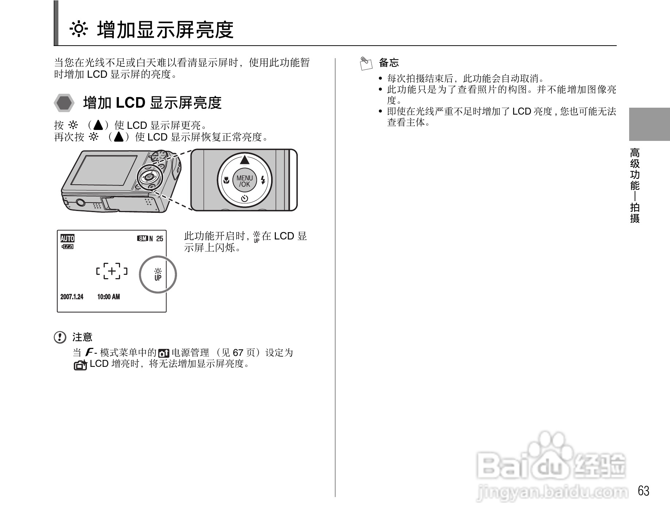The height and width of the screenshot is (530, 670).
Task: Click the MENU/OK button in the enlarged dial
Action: click(x=244, y=181)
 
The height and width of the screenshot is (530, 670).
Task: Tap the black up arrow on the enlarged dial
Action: click(x=244, y=160)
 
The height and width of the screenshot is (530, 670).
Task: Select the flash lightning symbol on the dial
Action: click(x=263, y=180)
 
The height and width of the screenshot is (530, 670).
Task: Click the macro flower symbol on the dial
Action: click(x=226, y=180)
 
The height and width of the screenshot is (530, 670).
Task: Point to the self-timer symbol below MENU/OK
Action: click(x=244, y=199)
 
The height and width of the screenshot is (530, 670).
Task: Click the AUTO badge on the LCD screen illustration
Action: click(x=67, y=238)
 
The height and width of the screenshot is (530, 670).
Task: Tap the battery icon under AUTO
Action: click(x=68, y=247)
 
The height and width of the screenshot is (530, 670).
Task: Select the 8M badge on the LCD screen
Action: click(x=142, y=239)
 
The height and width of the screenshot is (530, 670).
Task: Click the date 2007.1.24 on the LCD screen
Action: click(x=72, y=297)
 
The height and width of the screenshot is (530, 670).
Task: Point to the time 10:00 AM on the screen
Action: click(x=108, y=297)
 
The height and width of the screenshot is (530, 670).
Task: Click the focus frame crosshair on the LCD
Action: click(x=112, y=271)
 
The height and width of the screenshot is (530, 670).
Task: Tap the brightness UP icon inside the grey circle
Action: click(x=158, y=274)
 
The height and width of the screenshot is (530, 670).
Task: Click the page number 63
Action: click(x=643, y=491)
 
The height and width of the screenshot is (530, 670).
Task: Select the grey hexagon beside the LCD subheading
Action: click(x=65, y=103)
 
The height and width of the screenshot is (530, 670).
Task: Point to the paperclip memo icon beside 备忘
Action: click(x=366, y=64)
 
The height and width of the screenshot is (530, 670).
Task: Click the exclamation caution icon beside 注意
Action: click(x=60, y=337)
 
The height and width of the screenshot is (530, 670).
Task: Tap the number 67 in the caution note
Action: click(x=238, y=353)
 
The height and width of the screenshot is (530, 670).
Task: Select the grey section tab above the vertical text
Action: click(x=649, y=124)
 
